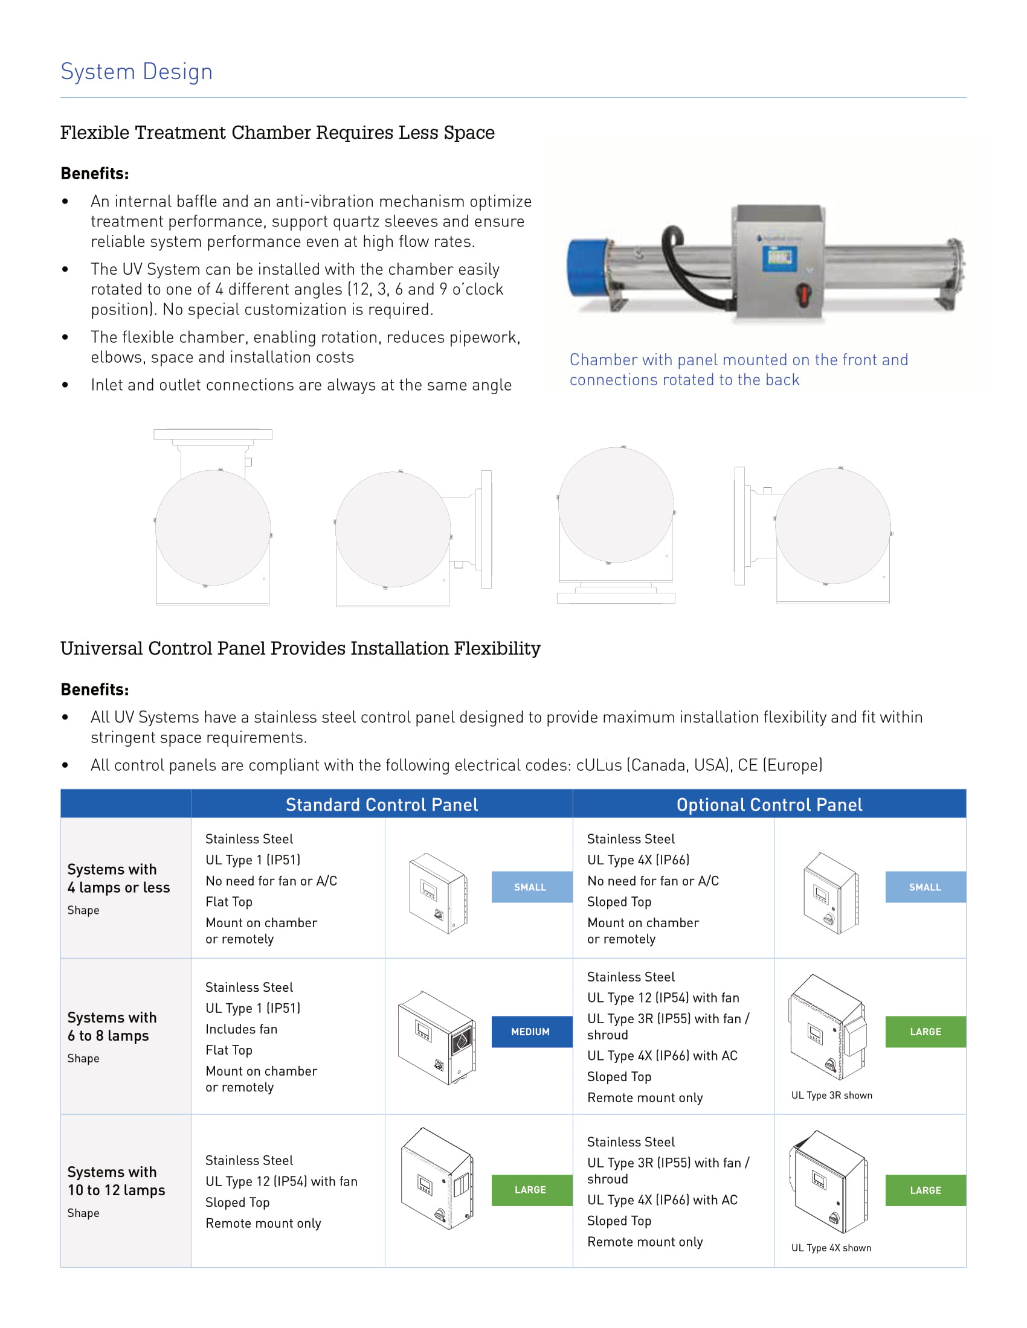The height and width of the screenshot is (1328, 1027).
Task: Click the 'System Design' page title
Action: (x=137, y=72)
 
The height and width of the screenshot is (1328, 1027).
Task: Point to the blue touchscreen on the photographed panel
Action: (x=779, y=258)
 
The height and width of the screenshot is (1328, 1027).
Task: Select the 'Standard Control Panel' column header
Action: (x=381, y=805)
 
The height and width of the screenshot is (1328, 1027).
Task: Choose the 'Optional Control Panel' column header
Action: (x=769, y=805)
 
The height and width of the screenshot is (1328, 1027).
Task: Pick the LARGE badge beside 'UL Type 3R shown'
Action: (x=925, y=1032)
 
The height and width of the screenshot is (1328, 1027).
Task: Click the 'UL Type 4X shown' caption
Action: (x=831, y=1248)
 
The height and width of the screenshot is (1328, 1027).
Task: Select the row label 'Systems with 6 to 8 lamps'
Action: (x=112, y=1026)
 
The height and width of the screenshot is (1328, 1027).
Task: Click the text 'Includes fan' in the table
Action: (x=241, y=1029)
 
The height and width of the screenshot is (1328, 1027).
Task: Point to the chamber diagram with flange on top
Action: (x=212, y=517)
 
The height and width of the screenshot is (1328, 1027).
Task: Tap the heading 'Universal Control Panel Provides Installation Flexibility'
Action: (x=300, y=648)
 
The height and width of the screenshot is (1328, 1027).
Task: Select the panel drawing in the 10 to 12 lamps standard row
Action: (x=437, y=1178)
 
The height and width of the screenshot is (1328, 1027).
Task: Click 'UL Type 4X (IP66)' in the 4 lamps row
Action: (x=637, y=860)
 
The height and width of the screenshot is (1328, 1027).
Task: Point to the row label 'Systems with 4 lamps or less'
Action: (x=118, y=878)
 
